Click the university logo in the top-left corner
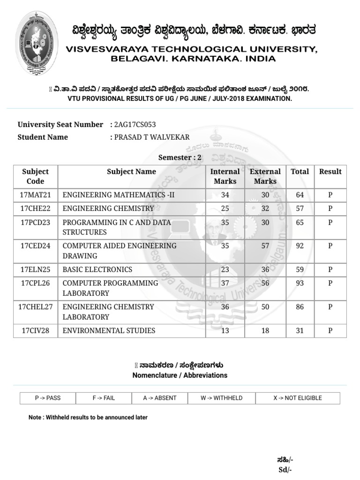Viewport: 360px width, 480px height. [38, 49]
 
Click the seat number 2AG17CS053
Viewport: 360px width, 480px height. [135, 125]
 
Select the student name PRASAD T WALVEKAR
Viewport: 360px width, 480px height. [152, 137]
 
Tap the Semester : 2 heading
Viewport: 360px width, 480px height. [180, 157]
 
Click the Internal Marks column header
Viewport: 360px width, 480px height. [225, 176]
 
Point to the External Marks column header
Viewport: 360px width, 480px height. [265, 176]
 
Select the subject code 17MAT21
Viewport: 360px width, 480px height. [36, 195]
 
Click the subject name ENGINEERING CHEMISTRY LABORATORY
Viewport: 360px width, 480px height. [108, 312]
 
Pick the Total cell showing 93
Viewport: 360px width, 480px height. [300, 283]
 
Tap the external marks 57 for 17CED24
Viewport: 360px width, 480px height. [265, 246]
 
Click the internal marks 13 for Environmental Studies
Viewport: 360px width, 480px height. [225, 330]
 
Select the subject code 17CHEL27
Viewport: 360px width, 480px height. [36, 307]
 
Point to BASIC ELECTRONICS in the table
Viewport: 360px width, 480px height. [97, 270]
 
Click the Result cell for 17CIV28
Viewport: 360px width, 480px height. [330, 330]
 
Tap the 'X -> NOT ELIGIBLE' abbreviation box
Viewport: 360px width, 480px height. [298, 398]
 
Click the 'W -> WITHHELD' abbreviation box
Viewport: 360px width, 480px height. [221, 398]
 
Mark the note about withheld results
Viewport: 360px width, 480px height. [88, 417]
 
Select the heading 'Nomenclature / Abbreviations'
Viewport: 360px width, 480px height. [180, 375]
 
